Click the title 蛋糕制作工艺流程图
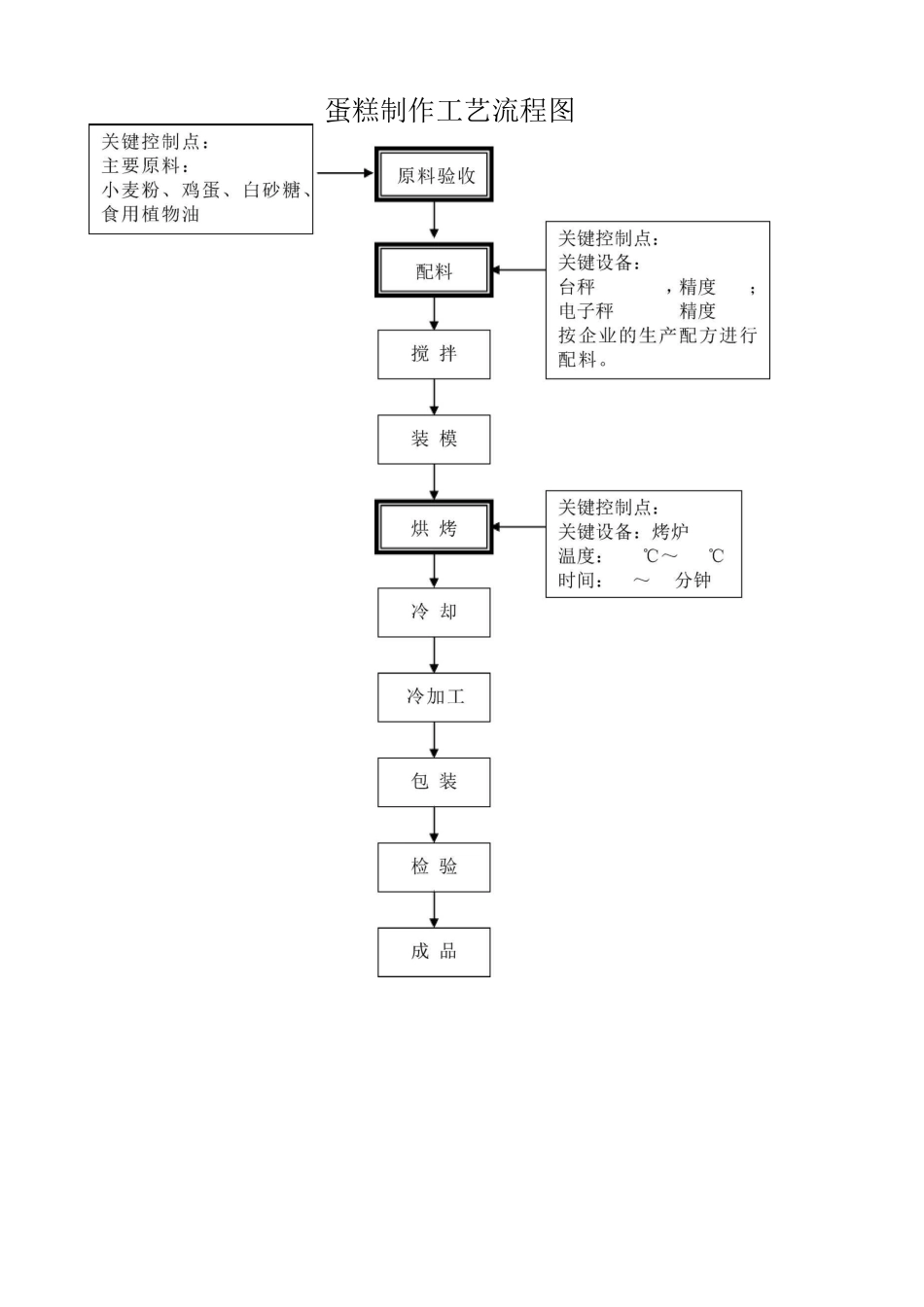pos(449,110)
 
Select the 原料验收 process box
pos(434,175)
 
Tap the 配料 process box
pos(434,271)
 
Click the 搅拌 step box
pos(434,354)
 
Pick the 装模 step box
pos(434,440)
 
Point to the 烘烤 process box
pos(434,528)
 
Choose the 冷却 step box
pos(434,612)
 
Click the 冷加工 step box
pos(434,696)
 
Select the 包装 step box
pos(434,782)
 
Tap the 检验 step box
pos(434,866)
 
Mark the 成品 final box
pos(434,951)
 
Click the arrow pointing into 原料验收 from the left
pos(345,173)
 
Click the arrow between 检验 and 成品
pos(434,909)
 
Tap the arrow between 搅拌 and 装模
pos(434,397)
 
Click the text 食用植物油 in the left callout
pos(151,215)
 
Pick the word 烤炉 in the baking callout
pos(670,532)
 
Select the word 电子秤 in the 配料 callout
pos(586,311)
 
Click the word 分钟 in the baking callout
pos(693,581)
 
